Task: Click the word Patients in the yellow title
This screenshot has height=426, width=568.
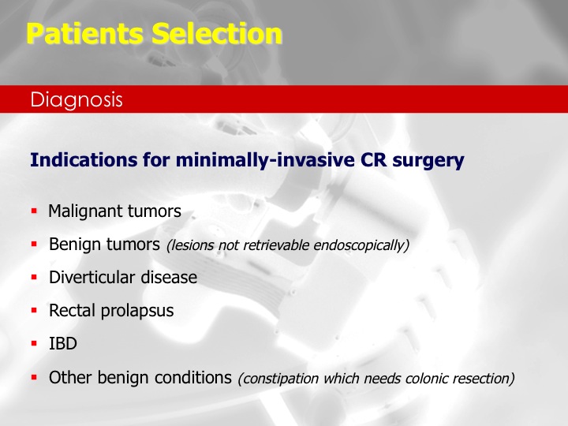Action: pos(84,33)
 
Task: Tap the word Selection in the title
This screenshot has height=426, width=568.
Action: pos(217,33)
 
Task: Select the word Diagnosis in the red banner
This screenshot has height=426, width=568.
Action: pos(77,100)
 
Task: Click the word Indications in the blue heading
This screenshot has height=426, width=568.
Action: pos(84,159)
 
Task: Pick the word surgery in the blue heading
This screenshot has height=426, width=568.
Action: pos(428,161)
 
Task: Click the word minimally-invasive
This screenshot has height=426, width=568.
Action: pos(265,160)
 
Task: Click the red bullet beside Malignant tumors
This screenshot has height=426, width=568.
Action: pos(35,211)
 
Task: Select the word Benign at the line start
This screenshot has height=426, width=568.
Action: pos(74,245)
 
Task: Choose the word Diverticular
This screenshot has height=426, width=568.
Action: pos(92,278)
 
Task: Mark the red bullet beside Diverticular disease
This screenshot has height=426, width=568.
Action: pos(35,278)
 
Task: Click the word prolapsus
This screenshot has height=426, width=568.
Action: pos(137,312)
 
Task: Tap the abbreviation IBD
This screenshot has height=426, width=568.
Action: pos(63,344)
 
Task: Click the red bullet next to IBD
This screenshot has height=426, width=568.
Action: pos(35,344)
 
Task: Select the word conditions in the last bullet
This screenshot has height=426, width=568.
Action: pos(193,377)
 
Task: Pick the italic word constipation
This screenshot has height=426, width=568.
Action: pos(279,379)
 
